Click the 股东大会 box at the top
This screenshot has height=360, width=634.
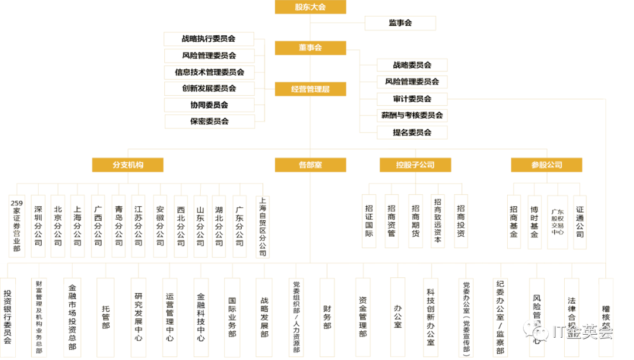click(310, 7)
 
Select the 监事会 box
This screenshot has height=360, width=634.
click(400, 23)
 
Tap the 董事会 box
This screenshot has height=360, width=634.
click(310, 48)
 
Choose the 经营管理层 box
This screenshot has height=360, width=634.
click(310, 89)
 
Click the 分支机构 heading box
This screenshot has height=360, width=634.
click(127, 164)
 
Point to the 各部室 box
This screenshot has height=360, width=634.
click(310, 164)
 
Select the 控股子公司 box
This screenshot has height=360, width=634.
click(415, 164)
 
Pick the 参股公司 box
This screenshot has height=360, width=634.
click(546, 164)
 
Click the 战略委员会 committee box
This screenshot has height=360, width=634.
click(412, 65)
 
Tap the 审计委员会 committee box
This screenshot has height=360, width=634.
click(412, 99)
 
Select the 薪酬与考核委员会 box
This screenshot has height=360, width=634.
click(412, 116)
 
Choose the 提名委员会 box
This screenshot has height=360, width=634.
click(412, 133)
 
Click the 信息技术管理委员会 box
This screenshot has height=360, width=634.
click(209, 72)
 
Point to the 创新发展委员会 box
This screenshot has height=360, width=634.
click(209, 89)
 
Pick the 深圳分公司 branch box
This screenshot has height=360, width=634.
click(38, 226)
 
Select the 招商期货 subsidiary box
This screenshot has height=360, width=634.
click(415, 221)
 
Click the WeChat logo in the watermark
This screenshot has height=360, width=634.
click(535, 331)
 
